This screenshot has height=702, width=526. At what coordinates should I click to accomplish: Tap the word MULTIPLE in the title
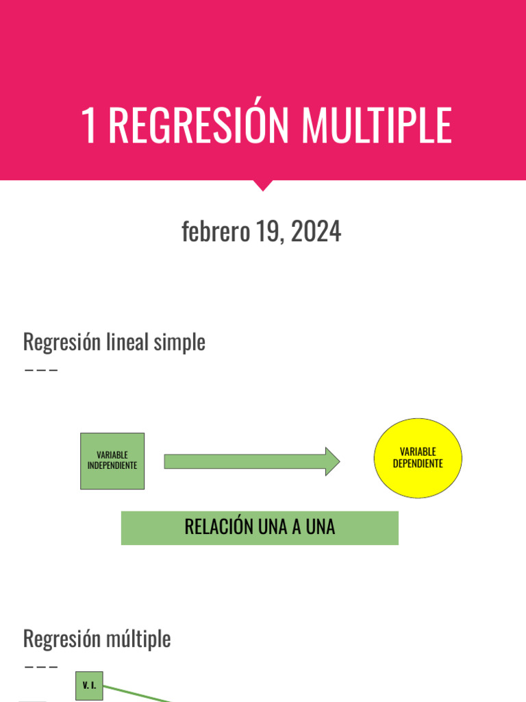tap(377, 125)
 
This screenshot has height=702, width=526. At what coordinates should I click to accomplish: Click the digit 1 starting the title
tap(88, 125)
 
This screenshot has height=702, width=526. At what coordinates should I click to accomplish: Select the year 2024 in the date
tap(316, 232)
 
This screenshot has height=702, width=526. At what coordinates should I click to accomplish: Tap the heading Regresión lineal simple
tap(114, 341)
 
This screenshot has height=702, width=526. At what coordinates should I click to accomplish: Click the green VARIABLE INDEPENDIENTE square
tap(112, 461)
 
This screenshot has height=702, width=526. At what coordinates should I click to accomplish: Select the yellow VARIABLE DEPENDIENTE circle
tap(418, 458)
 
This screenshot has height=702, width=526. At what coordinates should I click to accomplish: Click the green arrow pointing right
tap(251, 461)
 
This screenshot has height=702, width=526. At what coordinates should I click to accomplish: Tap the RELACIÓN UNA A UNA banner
tap(260, 527)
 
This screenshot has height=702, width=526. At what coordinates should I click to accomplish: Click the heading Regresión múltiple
tap(97, 639)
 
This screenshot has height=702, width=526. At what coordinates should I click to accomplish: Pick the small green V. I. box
tap(89, 686)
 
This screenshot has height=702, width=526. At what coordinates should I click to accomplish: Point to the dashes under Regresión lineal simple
tap(40, 370)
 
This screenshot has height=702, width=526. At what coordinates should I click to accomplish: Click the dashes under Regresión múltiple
tap(40, 666)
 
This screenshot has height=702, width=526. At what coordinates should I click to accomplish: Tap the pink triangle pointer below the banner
tap(263, 185)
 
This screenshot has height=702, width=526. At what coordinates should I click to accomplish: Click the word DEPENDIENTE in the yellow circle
tap(418, 463)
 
